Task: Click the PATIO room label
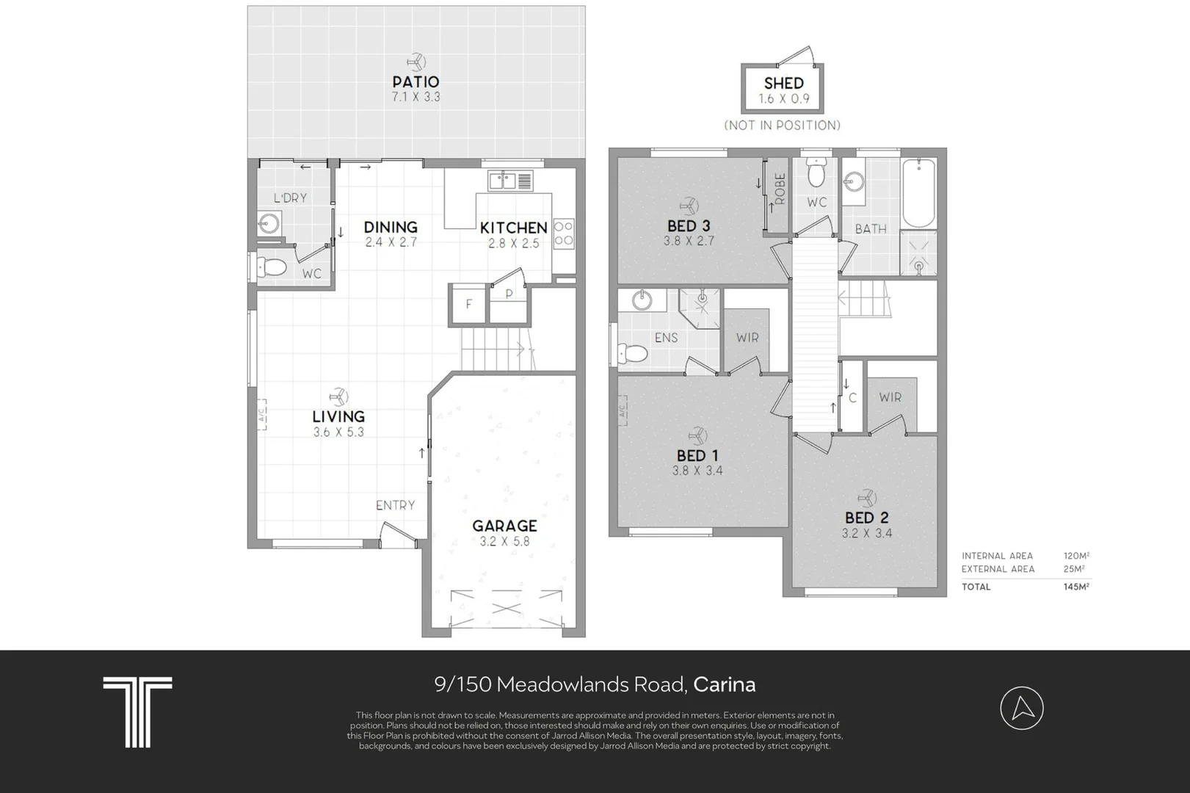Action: coord(416,82)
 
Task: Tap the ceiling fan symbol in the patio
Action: coord(416,62)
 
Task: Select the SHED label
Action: coord(783,84)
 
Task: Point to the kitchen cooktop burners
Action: coord(564,233)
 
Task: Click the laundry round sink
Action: coord(270,223)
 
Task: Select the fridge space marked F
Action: coord(468,304)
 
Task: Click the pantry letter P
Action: coord(509,294)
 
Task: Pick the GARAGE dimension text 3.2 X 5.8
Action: coord(504,542)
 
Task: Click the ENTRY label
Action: coord(395,505)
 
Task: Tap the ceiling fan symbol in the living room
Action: coord(338,396)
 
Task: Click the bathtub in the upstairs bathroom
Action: coord(918,192)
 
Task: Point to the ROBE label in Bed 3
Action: coord(780,189)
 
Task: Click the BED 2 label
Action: coord(866,518)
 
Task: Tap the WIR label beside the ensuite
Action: coord(747,338)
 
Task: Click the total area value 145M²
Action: coord(1076,586)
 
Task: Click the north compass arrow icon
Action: coord(1022,708)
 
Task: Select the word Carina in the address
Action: coord(724,684)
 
